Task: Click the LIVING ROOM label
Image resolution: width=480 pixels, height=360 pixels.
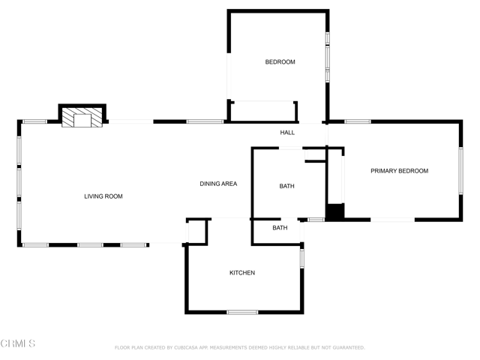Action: (x=103, y=196)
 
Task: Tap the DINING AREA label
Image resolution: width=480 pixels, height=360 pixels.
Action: (x=218, y=184)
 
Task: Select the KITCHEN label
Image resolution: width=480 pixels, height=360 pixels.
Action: (x=241, y=273)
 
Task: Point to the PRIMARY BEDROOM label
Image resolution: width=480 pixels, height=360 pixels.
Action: (x=399, y=171)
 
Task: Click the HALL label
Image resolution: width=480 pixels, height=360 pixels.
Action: (x=287, y=133)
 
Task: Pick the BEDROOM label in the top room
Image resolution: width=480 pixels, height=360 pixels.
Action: (x=280, y=62)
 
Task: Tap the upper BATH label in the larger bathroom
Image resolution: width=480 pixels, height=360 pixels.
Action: (x=286, y=186)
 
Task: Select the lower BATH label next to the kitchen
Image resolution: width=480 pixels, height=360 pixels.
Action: (x=280, y=228)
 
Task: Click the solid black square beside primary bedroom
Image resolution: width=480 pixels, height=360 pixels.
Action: (x=334, y=212)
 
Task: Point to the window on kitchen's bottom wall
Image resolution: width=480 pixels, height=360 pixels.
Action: (x=242, y=312)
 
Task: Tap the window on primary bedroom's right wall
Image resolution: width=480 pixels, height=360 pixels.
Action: (x=460, y=171)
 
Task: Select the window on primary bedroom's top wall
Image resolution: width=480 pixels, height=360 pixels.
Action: (x=358, y=121)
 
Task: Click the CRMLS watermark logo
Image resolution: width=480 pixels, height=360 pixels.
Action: (x=18, y=343)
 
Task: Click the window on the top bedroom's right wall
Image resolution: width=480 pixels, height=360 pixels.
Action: (x=327, y=56)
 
